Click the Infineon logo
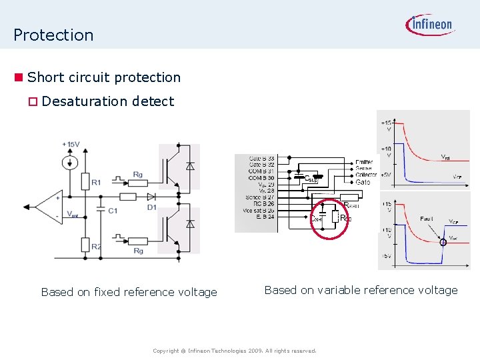point(429,25)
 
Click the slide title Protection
point(53,35)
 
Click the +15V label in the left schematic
point(71,144)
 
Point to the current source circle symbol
point(69,162)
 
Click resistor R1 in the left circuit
point(85,181)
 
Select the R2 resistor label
point(96,247)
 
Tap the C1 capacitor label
point(113,211)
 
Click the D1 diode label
point(152,207)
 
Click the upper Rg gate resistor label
point(137,175)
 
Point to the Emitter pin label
point(364,162)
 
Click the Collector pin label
point(366,175)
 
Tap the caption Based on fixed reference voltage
point(129,292)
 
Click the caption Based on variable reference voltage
point(361,290)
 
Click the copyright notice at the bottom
point(234,351)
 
